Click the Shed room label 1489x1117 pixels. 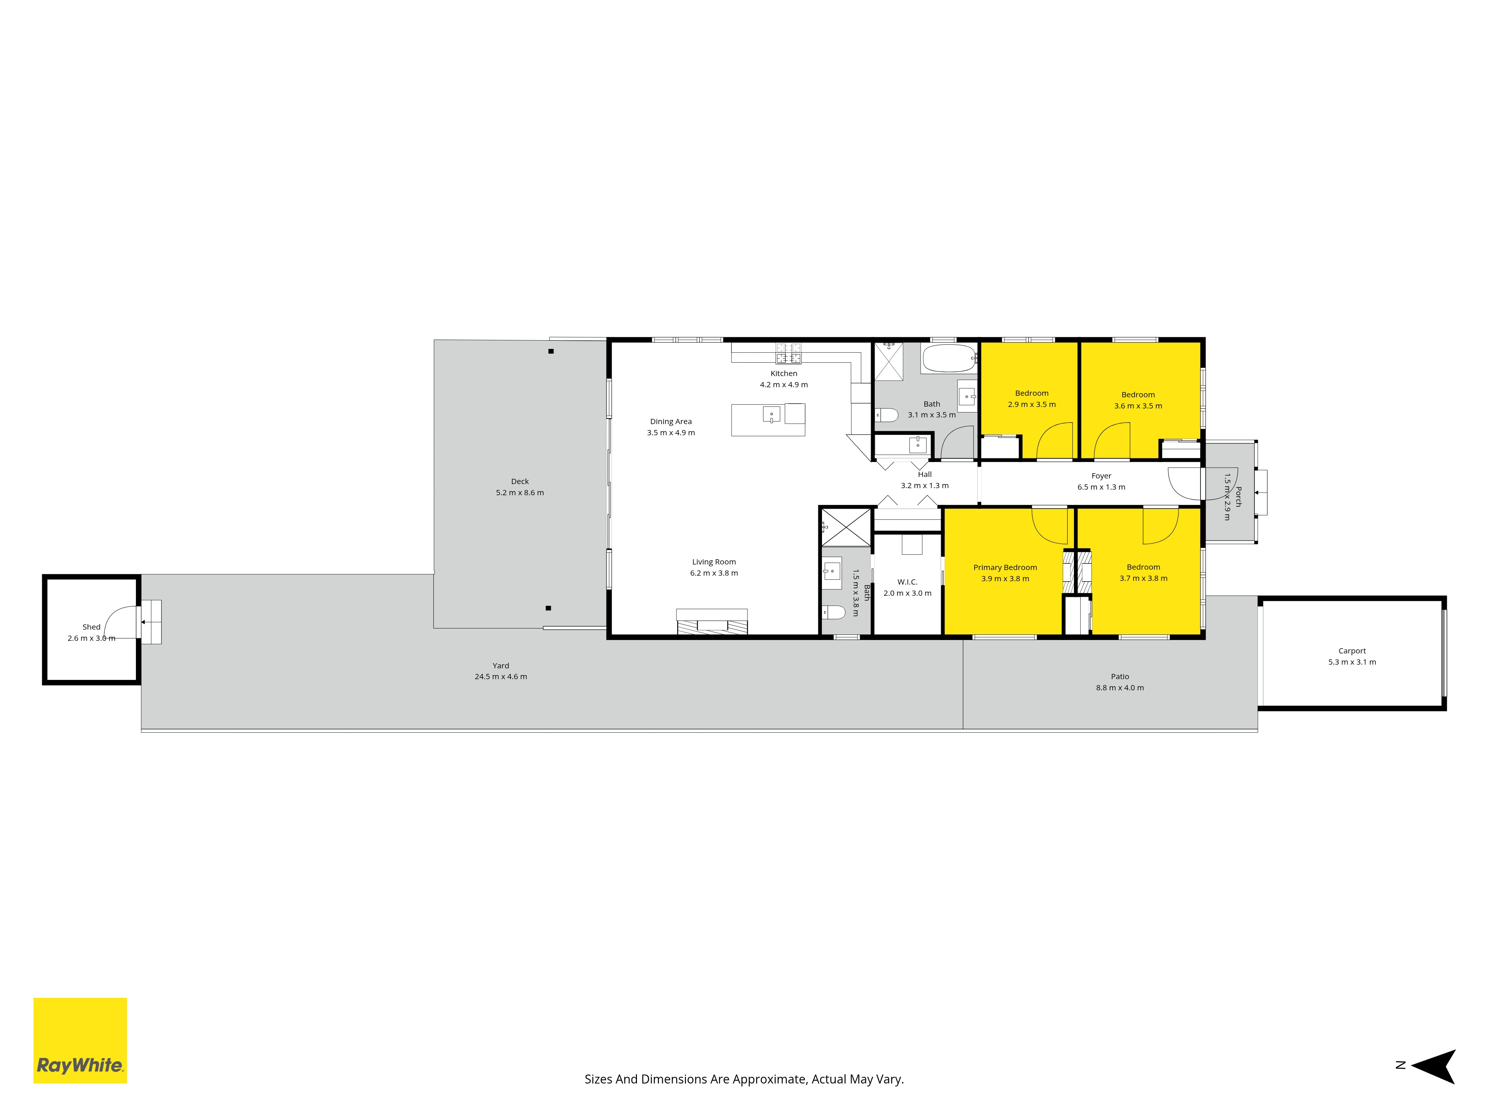point(92,627)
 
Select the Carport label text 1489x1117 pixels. point(1352,651)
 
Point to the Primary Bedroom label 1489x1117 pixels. point(1005,567)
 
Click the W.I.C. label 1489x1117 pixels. point(908,582)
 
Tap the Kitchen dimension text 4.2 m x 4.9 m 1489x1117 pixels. point(784,385)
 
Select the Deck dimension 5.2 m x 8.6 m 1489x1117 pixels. point(520,493)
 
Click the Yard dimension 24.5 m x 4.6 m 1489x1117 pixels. point(501,677)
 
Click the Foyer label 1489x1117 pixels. point(1101,476)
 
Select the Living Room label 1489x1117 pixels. point(714,562)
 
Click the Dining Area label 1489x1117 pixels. point(670,421)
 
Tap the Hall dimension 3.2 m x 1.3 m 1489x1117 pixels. point(925,486)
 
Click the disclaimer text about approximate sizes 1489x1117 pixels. point(744,1079)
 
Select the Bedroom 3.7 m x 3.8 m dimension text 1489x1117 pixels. point(1143,578)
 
